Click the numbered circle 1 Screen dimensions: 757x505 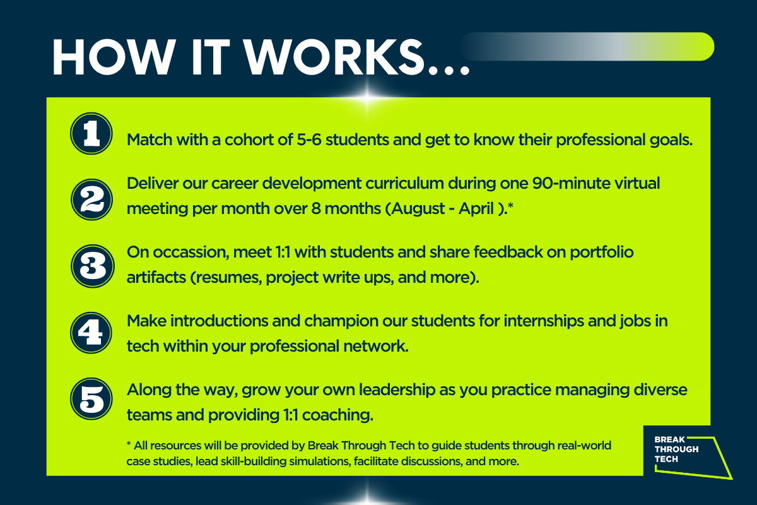[91, 133]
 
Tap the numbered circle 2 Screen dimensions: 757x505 [91, 199]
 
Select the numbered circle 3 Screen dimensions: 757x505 [93, 266]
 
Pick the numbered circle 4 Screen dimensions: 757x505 [91, 333]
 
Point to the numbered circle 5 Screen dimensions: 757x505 [91, 399]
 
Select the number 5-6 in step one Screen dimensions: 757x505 [309, 140]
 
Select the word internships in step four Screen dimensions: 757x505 [544, 321]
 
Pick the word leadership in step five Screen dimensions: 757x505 [397, 389]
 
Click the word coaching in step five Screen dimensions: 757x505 [337, 415]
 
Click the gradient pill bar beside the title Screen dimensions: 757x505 [587, 47]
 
